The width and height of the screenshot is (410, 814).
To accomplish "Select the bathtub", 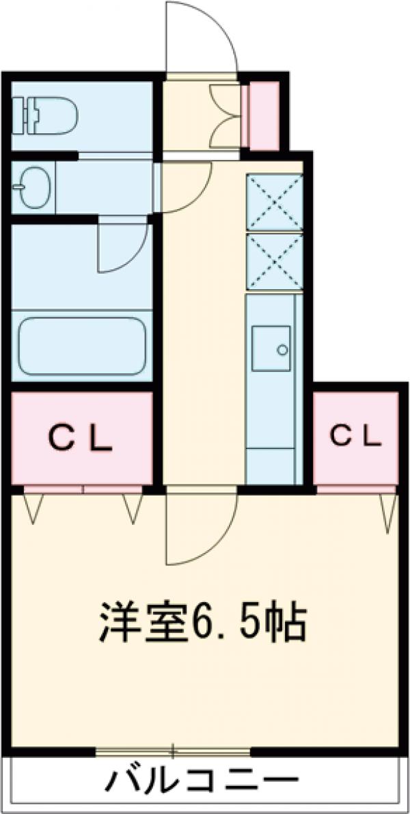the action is (x=83, y=346).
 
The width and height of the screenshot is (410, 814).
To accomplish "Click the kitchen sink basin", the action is (x=271, y=349).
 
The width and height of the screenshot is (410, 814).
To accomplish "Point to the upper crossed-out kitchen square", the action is (x=275, y=202).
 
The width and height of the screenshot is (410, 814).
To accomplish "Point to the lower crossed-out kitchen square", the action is (x=275, y=262).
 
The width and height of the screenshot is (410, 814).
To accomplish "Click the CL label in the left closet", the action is (x=81, y=439).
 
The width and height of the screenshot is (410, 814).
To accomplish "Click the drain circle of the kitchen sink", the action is (x=282, y=350).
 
